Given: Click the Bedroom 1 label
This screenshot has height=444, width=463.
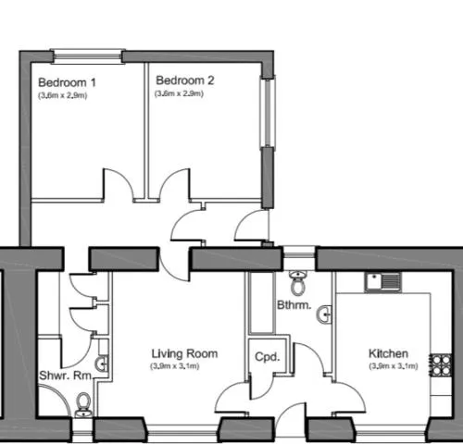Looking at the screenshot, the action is point(67,82).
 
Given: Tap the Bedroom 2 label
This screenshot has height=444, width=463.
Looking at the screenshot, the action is point(185,80).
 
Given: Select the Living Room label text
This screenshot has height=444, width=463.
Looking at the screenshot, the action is point(184,353).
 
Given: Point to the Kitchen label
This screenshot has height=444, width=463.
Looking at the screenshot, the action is point(388,353).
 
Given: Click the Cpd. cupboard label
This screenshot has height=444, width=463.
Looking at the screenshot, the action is point(268,357).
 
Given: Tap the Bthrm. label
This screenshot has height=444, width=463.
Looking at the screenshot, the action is point(294,305).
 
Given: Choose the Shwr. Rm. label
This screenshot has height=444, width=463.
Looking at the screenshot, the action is point(66,376).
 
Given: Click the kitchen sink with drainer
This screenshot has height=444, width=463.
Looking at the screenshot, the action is point(383,281).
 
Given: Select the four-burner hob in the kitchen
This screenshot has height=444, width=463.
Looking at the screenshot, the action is point(441,365).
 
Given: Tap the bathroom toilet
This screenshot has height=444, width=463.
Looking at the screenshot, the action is point(298,282).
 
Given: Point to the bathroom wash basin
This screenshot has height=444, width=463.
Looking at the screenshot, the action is point(324,314).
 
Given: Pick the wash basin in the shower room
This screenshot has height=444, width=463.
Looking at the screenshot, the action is point(102,364).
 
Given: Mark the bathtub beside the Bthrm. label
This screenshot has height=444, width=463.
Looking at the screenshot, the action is point(262,302).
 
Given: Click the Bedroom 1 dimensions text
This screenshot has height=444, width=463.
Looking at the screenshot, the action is point(63,95).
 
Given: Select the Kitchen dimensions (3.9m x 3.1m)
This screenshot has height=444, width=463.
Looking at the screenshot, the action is point(394,366).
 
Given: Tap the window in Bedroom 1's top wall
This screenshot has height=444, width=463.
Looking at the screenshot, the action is point(88,56).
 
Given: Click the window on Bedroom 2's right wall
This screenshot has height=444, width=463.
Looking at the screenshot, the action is point(268,111).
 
